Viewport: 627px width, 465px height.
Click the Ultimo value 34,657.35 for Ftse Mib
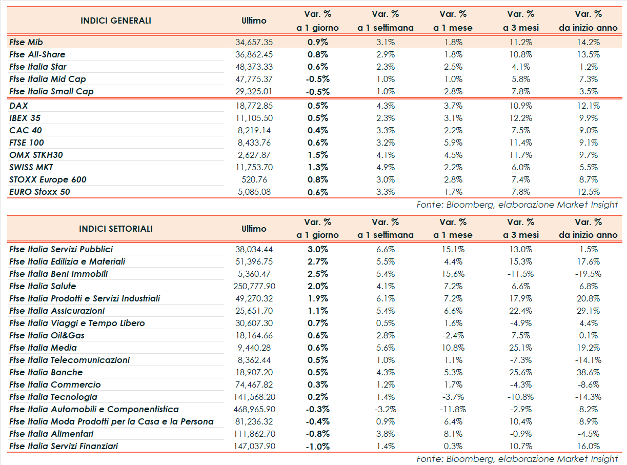tap(254, 42)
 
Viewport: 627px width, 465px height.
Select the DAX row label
tap(18, 106)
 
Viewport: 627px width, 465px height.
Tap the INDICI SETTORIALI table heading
tap(116, 229)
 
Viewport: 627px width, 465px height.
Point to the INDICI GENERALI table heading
tap(116, 21)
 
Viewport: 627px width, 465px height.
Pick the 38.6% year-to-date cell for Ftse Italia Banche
tap(588, 372)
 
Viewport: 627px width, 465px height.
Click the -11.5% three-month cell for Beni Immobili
tap(520, 274)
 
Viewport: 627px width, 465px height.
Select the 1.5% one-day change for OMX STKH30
tap(318, 155)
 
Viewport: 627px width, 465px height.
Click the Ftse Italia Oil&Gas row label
tap(47, 335)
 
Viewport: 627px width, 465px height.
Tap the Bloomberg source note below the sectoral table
tap(517, 459)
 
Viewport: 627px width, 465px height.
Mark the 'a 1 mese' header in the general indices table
tap(453, 28)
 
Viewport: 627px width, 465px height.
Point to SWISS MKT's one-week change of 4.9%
tap(385, 167)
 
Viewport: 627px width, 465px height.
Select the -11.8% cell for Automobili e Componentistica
tap(453, 409)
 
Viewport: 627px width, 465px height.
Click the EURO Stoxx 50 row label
tap(39, 192)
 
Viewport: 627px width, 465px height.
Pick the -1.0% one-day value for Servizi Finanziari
tap(318, 446)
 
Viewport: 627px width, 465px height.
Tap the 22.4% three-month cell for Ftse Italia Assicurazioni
tap(520, 311)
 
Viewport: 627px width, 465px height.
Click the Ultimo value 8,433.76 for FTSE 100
tap(256, 143)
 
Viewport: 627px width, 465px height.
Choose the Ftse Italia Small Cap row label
tap(51, 91)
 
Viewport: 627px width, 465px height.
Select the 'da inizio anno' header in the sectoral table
tap(588, 235)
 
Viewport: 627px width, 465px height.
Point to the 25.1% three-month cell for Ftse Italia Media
tap(520, 348)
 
